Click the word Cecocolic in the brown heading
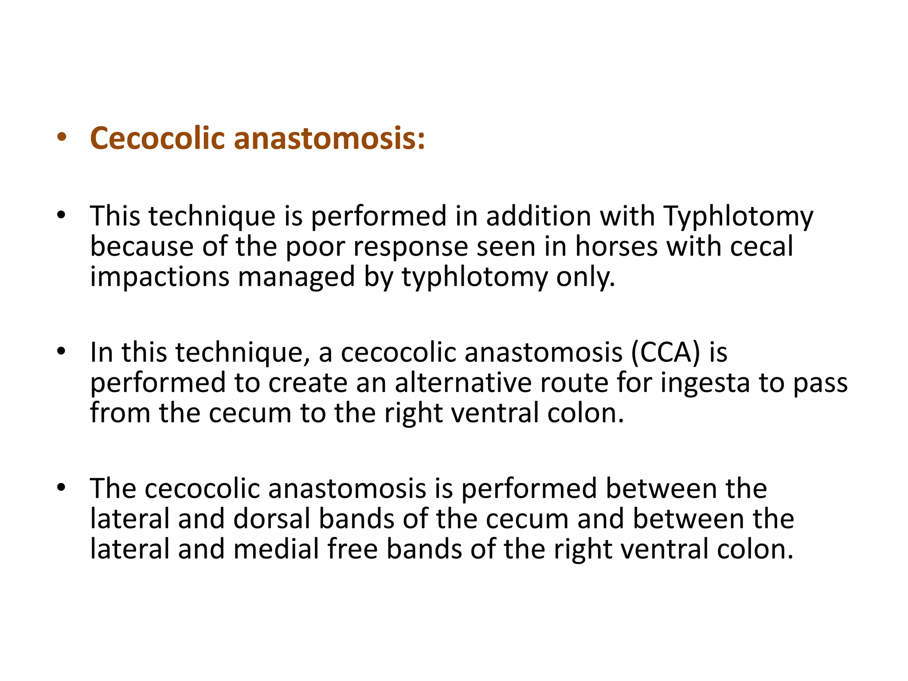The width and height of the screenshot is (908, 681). click(x=157, y=138)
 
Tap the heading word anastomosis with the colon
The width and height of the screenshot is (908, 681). click(x=329, y=138)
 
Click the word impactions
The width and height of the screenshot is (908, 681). click(x=160, y=277)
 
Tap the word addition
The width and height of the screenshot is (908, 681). click(x=538, y=217)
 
